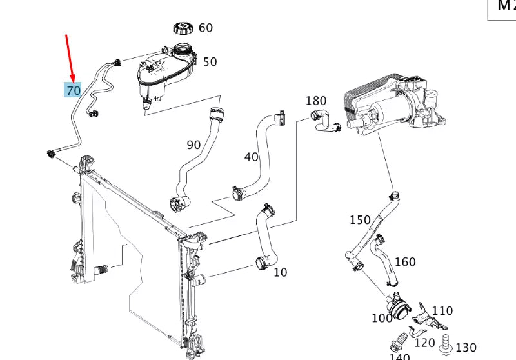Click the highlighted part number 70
point(73,90)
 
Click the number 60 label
point(205,28)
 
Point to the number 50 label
point(210,62)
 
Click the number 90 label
point(193,145)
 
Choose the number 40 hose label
point(251,157)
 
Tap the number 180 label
point(316,101)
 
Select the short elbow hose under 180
point(325,122)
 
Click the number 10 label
point(280,272)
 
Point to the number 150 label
point(360,220)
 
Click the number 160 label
point(405,262)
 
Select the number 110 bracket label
point(442,311)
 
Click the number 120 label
point(424,343)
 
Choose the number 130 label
point(466,348)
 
